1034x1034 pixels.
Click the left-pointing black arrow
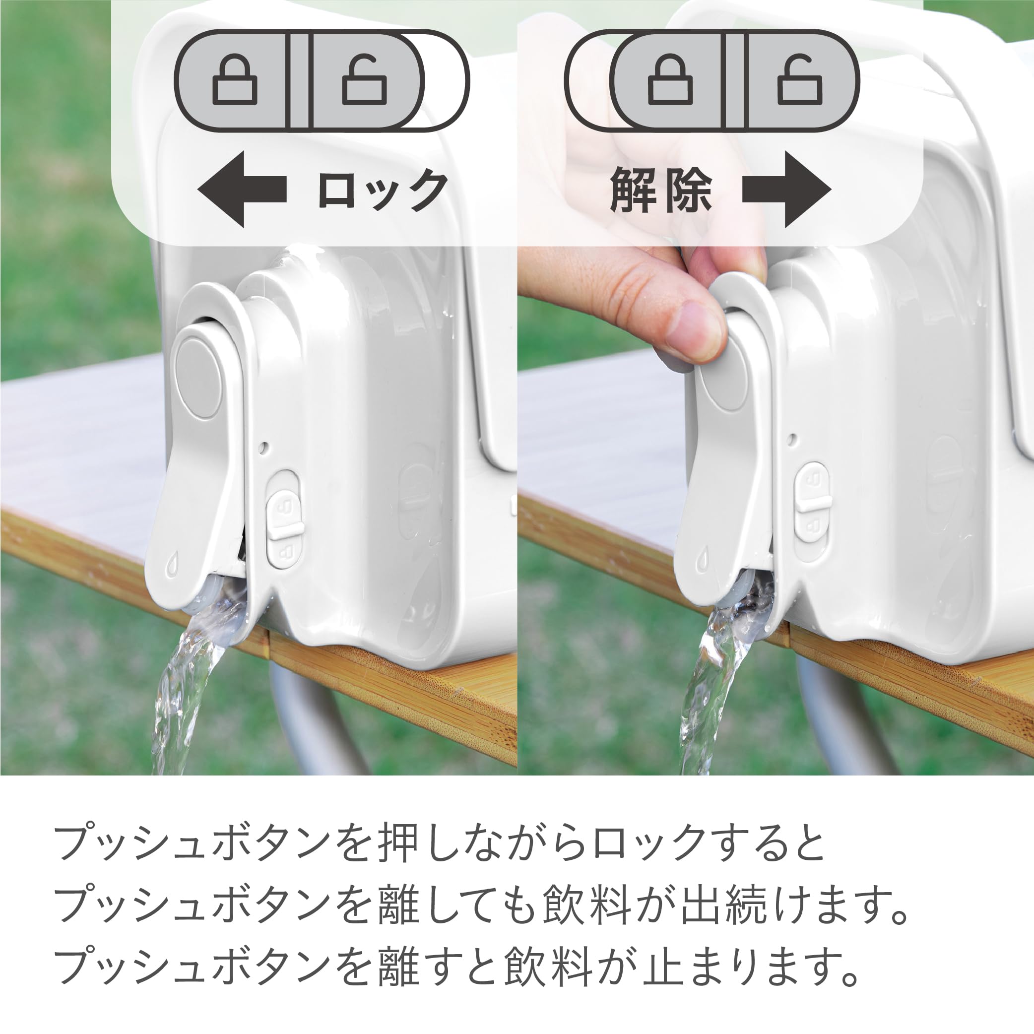[241, 189]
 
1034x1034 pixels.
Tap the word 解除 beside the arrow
[661, 190]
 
